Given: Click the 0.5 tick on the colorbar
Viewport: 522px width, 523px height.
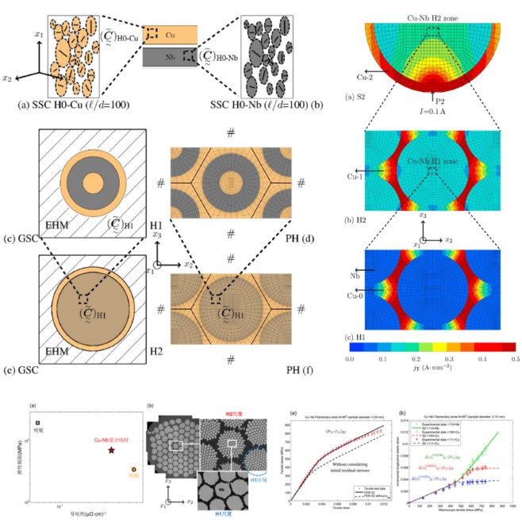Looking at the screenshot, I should (x=515, y=359).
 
